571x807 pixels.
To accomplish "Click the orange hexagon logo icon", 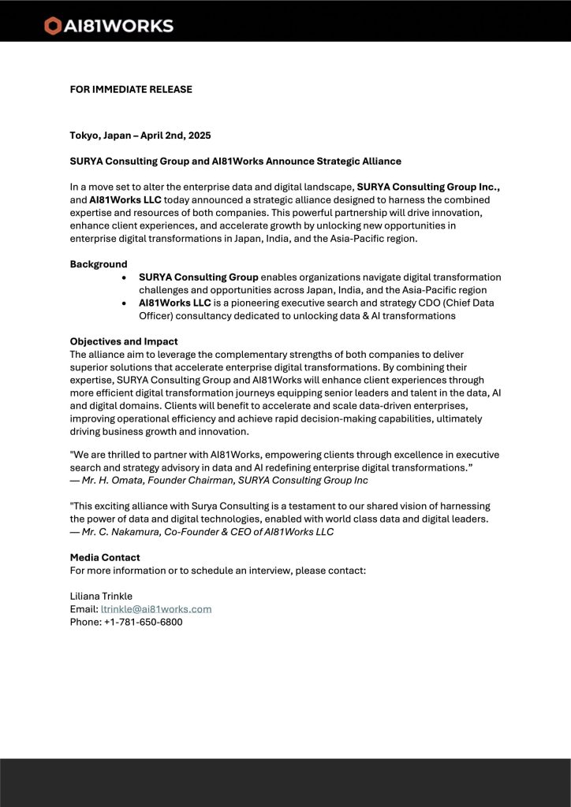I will [53, 26].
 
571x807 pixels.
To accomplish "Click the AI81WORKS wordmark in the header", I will [118, 26].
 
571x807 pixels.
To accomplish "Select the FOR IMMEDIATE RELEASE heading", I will [131, 89].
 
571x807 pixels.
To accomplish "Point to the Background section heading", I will [99, 264].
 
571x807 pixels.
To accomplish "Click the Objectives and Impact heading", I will [124, 341].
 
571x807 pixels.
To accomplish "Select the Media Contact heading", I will [105, 557].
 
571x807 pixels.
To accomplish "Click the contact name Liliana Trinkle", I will [101, 596].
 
